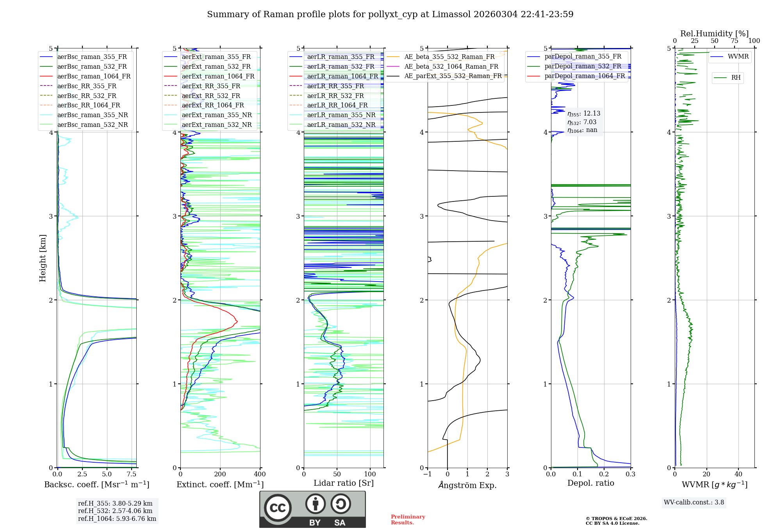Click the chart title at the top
[x=390, y=14]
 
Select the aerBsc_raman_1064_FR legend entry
[x=94, y=76]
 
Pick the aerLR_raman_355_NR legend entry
[x=341, y=115]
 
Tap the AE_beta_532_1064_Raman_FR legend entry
[x=451, y=66]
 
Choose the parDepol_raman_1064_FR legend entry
[x=585, y=76]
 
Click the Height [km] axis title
[x=43, y=258]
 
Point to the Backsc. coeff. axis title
[x=97, y=485]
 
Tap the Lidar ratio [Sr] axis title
[x=344, y=483]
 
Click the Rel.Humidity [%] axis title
[x=714, y=34]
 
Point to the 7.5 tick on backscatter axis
[x=132, y=474]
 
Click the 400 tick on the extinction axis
[x=260, y=474]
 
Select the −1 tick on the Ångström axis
[x=427, y=474]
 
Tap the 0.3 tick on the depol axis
[x=630, y=474]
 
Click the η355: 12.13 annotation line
[x=584, y=114]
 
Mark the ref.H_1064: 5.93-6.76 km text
[x=117, y=519]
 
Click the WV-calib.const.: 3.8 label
[x=694, y=502]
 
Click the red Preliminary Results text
[x=408, y=520]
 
